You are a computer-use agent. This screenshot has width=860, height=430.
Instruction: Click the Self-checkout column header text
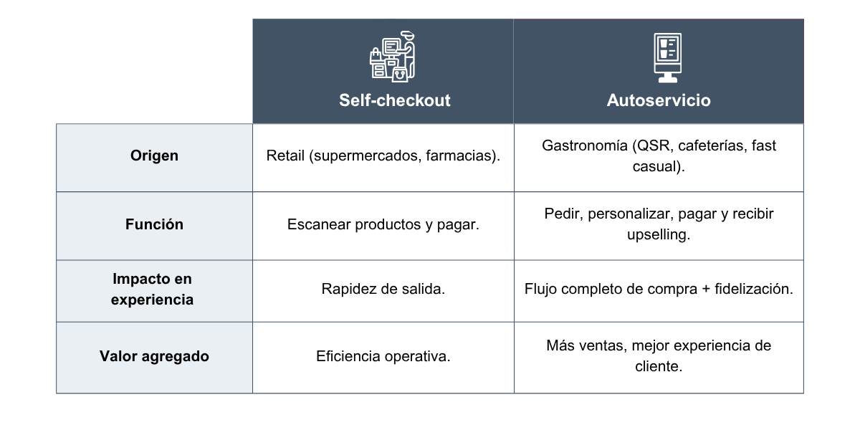(395, 100)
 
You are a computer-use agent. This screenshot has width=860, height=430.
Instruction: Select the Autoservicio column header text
(659, 100)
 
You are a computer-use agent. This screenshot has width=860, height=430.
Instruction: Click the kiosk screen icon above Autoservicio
(667, 56)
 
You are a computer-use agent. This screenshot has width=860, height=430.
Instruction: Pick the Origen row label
(154, 156)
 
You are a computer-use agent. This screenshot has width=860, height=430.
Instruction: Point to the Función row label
(154, 224)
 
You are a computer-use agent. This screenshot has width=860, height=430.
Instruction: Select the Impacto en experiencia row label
(152, 289)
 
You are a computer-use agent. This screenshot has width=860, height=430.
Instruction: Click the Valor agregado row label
(154, 356)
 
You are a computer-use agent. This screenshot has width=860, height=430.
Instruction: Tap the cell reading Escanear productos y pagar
(383, 224)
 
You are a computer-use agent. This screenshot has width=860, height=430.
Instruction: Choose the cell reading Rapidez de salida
(383, 290)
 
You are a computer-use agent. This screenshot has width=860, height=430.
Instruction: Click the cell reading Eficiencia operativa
(383, 356)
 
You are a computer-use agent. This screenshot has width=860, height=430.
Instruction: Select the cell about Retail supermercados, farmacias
(383, 156)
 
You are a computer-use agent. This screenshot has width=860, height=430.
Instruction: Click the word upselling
(659, 235)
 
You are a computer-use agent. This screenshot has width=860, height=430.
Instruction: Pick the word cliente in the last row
(659, 366)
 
